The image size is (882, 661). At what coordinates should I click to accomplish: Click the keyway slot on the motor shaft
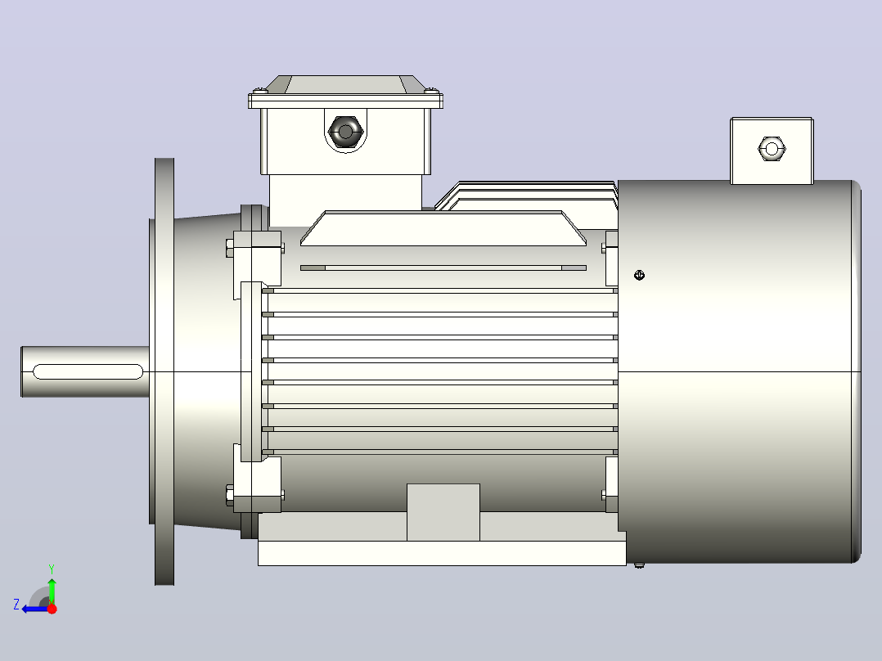click(x=88, y=371)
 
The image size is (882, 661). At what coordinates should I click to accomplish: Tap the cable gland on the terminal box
click(x=345, y=133)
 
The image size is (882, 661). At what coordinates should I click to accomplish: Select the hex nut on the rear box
click(x=772, y=149)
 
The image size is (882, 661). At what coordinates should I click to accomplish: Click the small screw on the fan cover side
click(x=639, y=275)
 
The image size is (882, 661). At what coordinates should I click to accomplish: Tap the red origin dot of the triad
click(x=52, y=609)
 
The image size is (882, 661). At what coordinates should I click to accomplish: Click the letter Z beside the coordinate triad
click(x=16, y=605)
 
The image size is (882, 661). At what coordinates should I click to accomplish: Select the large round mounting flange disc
click(x=164, y=371)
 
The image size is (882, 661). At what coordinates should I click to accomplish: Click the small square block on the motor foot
click(x=443, y=512)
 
